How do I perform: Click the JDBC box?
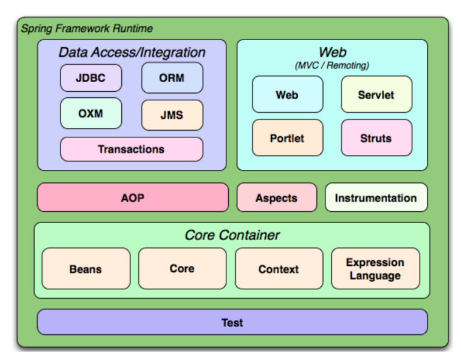[x=91, y=78]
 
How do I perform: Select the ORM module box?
[x=172, y=78]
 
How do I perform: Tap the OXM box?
[x=91, y=113]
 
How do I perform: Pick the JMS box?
[x=172, y=115]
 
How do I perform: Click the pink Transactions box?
[x=131, y=149]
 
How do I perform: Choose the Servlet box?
[x=376, y=95]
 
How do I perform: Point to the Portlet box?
[x=287, y=138]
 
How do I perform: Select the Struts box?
[x=376, y=138]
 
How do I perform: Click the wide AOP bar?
[x=133, y=197]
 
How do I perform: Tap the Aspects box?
[x=277, y=197]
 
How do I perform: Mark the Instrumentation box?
[x=376, y=197]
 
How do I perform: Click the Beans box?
[x=86, y=269]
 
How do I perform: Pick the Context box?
[x=279, y=269]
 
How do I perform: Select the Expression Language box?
[x=375, y=269]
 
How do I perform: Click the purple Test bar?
[x=232, y=322]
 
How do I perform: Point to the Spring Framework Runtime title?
[x=87, y=28]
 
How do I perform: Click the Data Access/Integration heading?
[x=132, y=52]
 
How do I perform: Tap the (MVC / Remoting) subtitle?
[x=332, y=65]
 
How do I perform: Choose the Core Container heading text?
[x=232, y=235]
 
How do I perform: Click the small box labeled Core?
[x=182, y=269]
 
